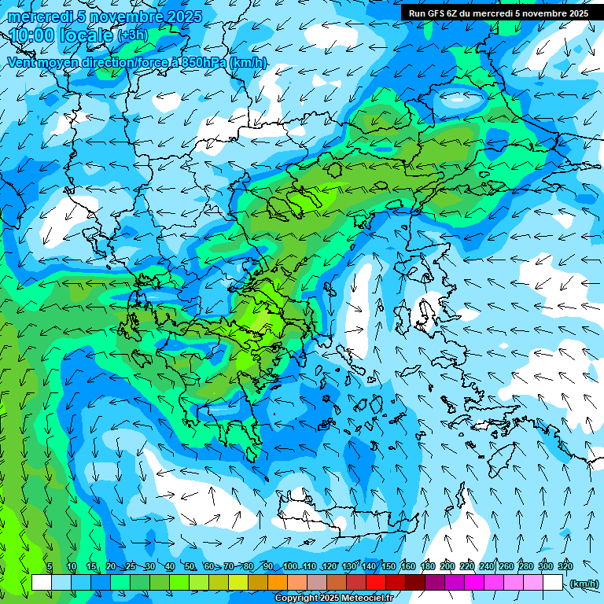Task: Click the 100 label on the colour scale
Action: coord(290,566)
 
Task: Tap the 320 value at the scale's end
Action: coord(565,566)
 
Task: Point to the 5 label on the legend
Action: coord(50,566)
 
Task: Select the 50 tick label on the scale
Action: coord(190,566)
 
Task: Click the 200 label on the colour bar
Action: coord(447,566)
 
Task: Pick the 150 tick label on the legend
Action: coord(389,566)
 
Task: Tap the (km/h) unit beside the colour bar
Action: coord(584,583)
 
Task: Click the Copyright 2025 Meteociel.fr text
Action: coord(333,598)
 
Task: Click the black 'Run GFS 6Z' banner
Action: coord(498,13)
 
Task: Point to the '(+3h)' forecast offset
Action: coord(132,35)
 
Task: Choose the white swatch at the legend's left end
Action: coord(42,583)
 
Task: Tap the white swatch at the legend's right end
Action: coord(553,583)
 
